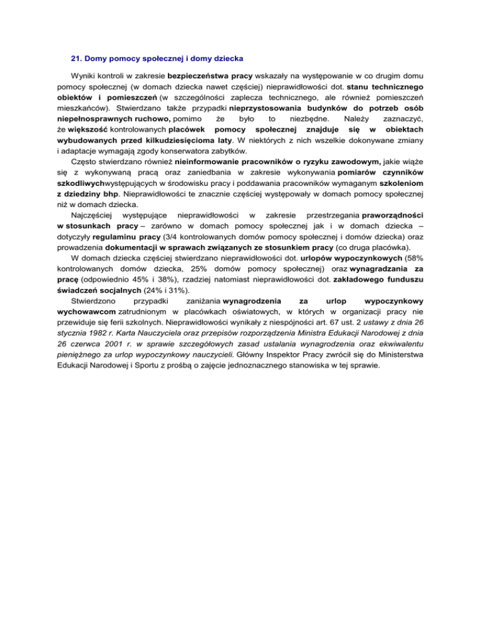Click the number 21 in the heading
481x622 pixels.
(75, 60)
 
